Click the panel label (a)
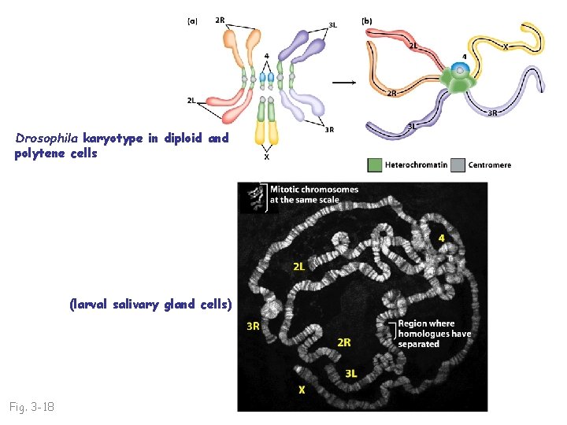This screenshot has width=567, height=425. (192, 21)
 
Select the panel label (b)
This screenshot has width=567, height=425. (367, 21)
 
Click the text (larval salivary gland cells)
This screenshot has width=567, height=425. (150, 304)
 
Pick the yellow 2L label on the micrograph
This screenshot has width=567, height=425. (300, 266)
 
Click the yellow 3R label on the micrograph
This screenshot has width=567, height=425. (254, 325)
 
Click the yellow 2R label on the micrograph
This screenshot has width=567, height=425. (344, 342)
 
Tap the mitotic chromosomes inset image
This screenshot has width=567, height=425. (252, 197)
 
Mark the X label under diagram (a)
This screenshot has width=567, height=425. (266, 157)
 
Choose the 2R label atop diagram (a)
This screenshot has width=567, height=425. (219, 20)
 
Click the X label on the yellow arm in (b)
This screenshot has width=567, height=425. (505, 46)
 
